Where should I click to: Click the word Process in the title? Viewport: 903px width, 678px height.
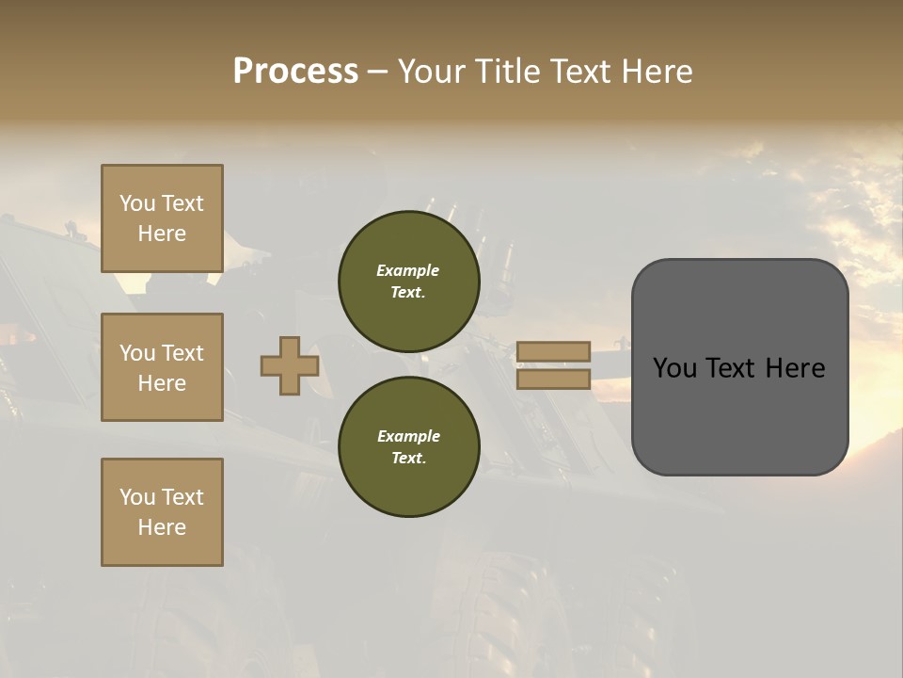click(295, 72)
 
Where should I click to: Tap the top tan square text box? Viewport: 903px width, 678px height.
click(162, 218)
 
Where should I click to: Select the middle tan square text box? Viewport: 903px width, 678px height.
click(162, 367)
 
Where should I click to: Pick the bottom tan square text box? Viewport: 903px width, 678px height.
click(162, 512)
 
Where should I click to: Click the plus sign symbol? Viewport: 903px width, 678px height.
click(290, 366)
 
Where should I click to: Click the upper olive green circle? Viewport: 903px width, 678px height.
click(409, 281)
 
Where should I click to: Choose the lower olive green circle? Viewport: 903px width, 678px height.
click(409, 446)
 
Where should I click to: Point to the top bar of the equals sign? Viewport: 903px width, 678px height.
click(553, 351)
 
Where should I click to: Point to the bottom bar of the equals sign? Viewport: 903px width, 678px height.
click(553, 379)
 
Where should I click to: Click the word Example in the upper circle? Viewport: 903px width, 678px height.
click(408, 270)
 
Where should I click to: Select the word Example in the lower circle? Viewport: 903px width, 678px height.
click(408, 436)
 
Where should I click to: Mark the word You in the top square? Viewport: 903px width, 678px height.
click(137, 203)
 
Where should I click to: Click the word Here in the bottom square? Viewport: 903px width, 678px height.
click(162, 527)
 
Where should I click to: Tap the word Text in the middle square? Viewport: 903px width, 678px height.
click(182, 353)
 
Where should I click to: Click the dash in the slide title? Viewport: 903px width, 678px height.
click(377, 72)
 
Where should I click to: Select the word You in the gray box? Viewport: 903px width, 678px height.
click(674, 368)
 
